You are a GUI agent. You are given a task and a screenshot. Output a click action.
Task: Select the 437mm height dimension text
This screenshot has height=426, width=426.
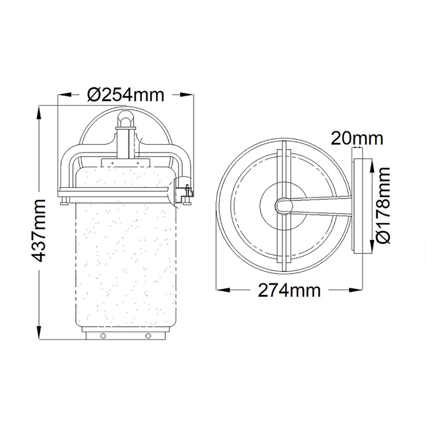tap(38, 230)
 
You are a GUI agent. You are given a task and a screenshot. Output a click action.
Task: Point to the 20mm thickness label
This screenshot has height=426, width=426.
tap(357, 138)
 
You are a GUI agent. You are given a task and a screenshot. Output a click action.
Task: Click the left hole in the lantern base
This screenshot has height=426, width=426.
tap(103, 335)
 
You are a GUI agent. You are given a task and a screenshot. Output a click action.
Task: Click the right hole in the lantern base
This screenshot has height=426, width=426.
tap(148, 335)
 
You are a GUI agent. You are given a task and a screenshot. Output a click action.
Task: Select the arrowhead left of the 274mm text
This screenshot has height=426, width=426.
tap(223, 290)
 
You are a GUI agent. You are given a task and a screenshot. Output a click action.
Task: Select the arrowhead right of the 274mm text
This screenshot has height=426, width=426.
tap(357, 290)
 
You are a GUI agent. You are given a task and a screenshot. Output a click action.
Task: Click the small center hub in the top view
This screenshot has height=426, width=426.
tap(283, 205)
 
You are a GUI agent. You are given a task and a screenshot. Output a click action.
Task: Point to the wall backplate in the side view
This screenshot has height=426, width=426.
tap(361, 205)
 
